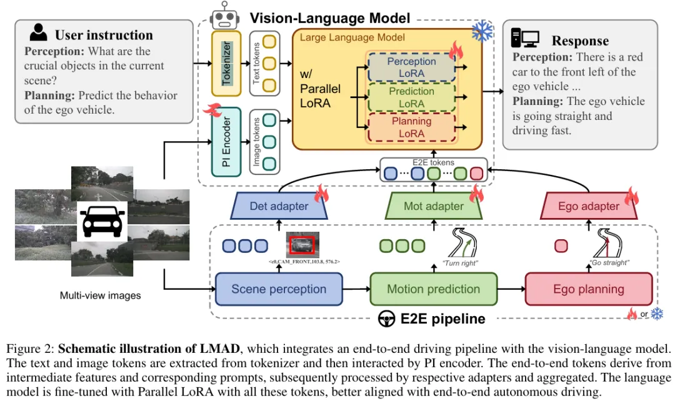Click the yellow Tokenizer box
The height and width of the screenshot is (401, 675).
[226, 63]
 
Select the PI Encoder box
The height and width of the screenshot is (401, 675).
[226, 142]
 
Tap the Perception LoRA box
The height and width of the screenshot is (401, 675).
[411, 67]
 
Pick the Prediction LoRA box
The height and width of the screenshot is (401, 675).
[411, 97]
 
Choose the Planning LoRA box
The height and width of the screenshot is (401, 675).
[411, 127]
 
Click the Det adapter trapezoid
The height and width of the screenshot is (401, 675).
[279, 206]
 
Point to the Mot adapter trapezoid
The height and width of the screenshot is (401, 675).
[434, 206]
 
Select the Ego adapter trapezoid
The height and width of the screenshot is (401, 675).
[589, 206]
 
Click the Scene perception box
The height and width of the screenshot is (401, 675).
[279, 289]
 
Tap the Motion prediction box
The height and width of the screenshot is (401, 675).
[434, 289]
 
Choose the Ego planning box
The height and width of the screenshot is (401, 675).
[589, 289]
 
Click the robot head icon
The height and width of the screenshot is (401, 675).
[224, 16]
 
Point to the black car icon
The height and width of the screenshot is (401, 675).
[102, 221]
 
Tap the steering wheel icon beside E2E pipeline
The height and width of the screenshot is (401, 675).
[387, 319]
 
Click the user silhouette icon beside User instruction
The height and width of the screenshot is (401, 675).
[38, 32]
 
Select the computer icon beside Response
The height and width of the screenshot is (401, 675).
[525, 38]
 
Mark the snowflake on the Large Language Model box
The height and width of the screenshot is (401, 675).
[482, 31]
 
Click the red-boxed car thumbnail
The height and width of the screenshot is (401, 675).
[302, 245]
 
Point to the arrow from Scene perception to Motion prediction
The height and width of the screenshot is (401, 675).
[356, 289]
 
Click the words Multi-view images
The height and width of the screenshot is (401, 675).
[100, 295]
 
